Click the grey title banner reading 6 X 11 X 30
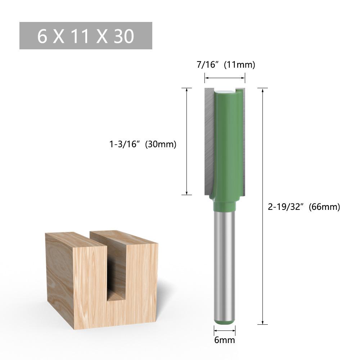click(x=86, y=36)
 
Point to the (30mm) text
click(x=161, y=144)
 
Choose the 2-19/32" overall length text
click(x=286, y=207)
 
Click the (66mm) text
click(x=324, y=207)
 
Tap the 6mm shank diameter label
click(x=224, y=340)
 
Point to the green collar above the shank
click(x=225, y=206)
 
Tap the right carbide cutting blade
click(x=244, y=140)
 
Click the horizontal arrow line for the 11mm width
click(x=225, y=78)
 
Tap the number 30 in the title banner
click(x=124, y=36)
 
